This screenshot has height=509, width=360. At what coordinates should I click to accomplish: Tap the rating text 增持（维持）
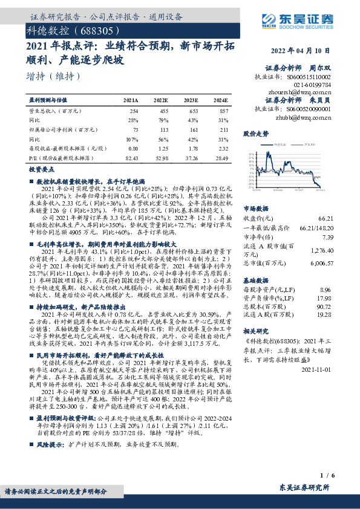pos(53,76)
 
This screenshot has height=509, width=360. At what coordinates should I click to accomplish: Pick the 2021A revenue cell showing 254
pos(134,112)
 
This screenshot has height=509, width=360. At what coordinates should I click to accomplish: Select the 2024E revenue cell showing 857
pos(223,112)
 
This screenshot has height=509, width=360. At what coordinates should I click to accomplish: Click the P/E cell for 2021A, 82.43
pos(131,157)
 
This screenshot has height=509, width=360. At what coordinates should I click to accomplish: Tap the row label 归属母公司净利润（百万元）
pos(64,130)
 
